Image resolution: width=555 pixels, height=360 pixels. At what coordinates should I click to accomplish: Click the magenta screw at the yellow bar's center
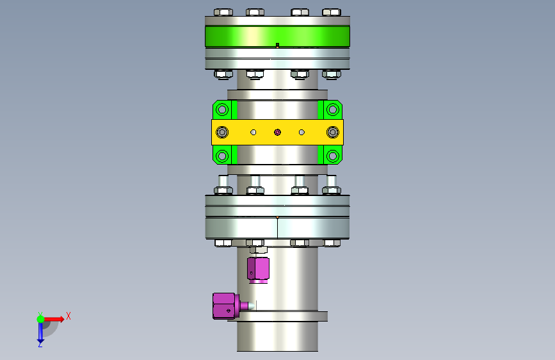(278, 132)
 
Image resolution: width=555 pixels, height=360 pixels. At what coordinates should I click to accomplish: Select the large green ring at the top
(278, 36)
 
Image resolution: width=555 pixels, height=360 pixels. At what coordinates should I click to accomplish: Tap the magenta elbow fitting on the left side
(226, 306)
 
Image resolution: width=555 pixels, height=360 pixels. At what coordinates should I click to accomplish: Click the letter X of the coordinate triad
(68, 316)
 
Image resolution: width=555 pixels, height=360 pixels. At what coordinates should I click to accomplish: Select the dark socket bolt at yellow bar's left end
(222, 133)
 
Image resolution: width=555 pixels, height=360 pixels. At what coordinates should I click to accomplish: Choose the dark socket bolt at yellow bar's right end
(333, 133)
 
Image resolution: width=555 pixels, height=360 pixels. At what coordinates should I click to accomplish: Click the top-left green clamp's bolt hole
(222, 110)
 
